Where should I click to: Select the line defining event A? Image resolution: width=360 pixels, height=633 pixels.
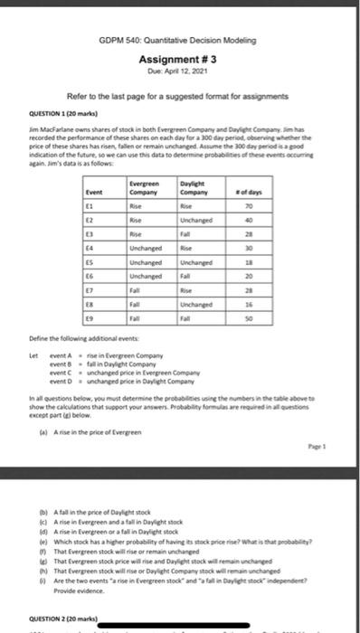[136, 354]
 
